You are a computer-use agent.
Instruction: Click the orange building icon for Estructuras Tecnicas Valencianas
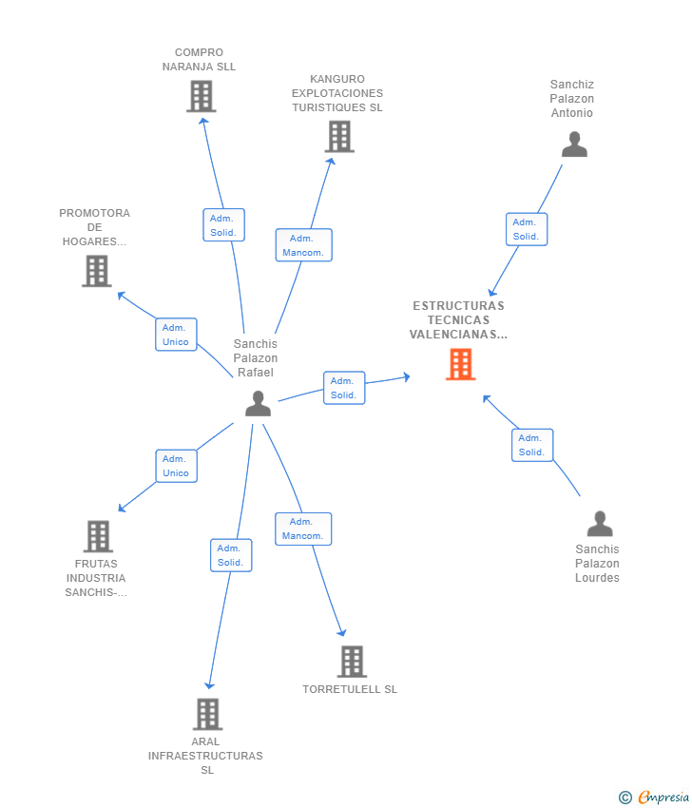click(460, 364)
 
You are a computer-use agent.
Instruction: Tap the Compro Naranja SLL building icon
click(201, 96)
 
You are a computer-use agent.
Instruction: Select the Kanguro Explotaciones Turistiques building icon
click(339, 136)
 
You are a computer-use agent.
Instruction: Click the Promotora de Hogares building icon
click(96, 271)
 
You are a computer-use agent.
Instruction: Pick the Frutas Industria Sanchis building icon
click(98, 536)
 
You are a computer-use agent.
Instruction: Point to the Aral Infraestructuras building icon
click(207, 714)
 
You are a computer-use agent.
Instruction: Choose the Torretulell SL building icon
click(352, 662)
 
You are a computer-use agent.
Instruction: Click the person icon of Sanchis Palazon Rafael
click(258, 404)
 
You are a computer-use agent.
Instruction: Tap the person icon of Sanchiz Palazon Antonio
click(574, 144)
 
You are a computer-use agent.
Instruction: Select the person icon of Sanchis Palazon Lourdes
click(600, 524)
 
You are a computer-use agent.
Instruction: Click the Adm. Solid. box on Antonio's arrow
click(526, 229)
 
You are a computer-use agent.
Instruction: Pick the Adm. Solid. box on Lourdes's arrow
click(532, 445)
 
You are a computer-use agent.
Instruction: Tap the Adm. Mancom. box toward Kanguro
click(303, 245)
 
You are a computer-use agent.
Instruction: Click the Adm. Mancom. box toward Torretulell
click(303, 529)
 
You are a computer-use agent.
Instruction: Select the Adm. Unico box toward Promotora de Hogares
click(176, 335)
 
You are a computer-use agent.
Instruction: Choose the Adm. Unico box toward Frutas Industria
click(176, 466)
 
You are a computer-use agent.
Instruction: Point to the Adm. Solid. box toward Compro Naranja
click(223, 225)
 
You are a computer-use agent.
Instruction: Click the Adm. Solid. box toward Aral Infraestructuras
click(230, 555)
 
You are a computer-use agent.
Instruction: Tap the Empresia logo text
click(663, 798)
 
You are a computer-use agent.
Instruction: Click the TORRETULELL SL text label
click(350, 689)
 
